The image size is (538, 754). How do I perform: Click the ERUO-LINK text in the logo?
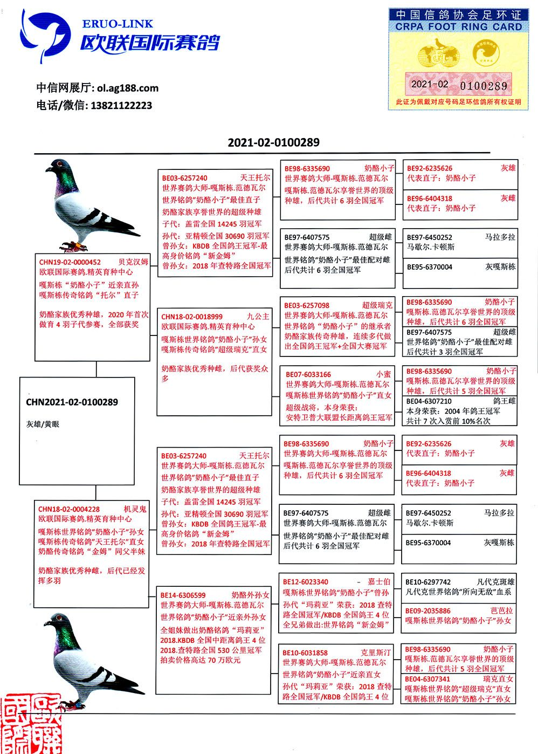(x=118, y=24)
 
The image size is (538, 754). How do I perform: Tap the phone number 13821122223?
(x=122, y=106)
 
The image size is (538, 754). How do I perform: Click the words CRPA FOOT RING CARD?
(x=458, y=26)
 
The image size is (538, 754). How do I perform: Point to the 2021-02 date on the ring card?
(x=429, y=84)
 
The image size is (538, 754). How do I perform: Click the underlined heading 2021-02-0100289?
(x=273, y=143)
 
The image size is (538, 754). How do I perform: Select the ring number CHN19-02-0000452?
(x=70, y=262)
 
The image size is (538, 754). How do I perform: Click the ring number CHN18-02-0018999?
(x=192, y=317)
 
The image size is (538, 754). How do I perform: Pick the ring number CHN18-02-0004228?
(x=69, y=509)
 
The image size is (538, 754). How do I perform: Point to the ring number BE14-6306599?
(x=183, y=595)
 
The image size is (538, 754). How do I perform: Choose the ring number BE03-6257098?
(x=307, y=306)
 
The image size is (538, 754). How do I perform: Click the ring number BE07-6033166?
(x=308, y=374)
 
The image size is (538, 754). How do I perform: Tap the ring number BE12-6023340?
(x=306, y=582)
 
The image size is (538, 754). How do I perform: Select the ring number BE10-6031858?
(x=305, y=653)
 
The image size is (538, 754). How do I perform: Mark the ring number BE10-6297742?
(x=428, y=582)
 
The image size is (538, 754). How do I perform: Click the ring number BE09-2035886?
(x=428, y=611)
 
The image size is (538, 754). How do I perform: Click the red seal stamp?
(x=30, y=725)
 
